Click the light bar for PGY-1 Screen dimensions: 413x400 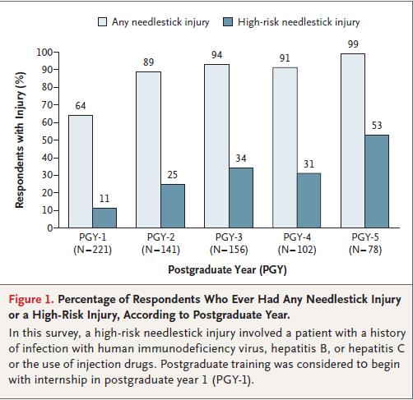tap(81, 172)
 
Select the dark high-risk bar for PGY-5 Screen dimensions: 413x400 tap(377, 182)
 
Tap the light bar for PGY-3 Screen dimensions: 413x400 tap(216, 146)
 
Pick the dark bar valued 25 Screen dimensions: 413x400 tap(173, 206)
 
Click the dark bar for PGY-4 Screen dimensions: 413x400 tap(309, 200)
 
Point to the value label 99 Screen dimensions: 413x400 tap(353, 44)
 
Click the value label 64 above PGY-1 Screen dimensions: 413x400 tap(81, 106)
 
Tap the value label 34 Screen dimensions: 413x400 tap(241, 159)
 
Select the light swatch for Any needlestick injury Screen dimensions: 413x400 tap(102, 22)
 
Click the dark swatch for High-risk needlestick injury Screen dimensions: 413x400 tap(228, 22)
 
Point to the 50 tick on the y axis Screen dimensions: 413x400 tap(56, 140)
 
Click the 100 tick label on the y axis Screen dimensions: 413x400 tap(44, 52)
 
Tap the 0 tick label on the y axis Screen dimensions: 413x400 tap(50, 228)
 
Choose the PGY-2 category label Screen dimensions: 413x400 tap(160, 237)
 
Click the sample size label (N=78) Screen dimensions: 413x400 tap(365, 250)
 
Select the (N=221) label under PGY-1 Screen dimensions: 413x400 tap(93, 250)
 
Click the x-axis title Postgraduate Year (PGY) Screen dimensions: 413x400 tap(227, 270)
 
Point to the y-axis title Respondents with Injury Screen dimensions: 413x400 tap(20, 140)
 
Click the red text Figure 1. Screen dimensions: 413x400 tap(31, 299)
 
